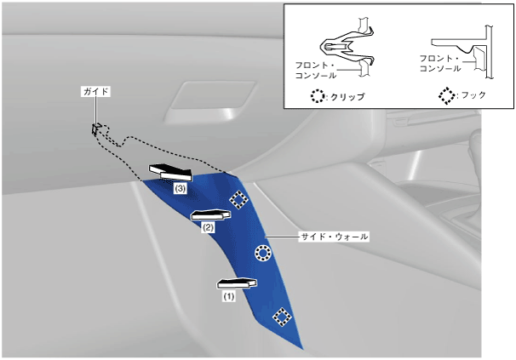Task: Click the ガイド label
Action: [x=95, y=91]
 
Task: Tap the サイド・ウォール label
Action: [x=334, y=237]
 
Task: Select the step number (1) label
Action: [x=229, y=296]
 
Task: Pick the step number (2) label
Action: [x=208, y=227]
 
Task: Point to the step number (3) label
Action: [x=181, y=189]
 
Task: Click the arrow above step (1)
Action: [x=237, y=283]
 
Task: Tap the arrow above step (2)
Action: [x=210, y=214]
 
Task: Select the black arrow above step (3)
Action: [x=170, y=172]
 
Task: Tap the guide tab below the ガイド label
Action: [x=95, y=129]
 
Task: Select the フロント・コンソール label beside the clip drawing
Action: [x=315, y=71]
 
